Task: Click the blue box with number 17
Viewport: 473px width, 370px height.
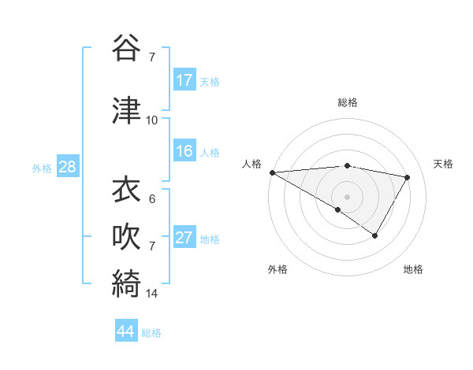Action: point(184,80)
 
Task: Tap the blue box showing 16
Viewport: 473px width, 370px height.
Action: point(184,151)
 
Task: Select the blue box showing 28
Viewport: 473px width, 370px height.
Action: point(67,167)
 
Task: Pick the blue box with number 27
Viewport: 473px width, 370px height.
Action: point(184,238)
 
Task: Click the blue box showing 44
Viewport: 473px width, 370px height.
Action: point(126,332)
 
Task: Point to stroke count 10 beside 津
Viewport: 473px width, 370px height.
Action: point(152,120)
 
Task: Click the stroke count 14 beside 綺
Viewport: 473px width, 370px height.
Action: point(152,294)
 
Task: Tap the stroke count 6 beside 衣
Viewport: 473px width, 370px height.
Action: point(152,199)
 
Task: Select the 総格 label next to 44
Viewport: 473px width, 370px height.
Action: point(151,333)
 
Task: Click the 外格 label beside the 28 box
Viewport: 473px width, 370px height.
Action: point(42,168)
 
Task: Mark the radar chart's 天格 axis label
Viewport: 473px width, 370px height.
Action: point(443,164)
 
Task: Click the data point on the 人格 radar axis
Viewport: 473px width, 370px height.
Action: point(272,172)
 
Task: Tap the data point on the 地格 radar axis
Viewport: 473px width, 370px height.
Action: point(375,235)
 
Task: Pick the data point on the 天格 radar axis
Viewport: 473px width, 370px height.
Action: point(408,177)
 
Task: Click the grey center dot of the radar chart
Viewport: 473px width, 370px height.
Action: point(347,196)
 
